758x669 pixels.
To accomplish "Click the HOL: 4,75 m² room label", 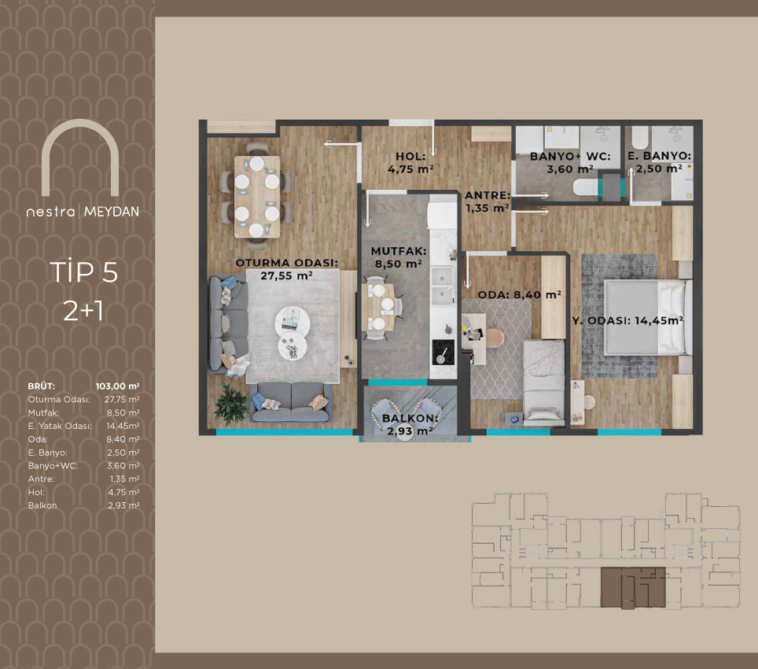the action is (x=410, y=163).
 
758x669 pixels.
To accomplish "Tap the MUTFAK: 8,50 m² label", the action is (x=399, y=257).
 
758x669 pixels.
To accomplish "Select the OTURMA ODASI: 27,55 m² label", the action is (x=287, y=269).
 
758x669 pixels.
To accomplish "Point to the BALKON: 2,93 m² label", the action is (x=410, y=425).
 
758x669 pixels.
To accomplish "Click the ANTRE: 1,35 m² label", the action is (x=488, y=201).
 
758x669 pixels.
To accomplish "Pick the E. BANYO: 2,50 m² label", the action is (x=660, y=162).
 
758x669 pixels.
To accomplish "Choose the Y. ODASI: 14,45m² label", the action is (x=628, y=320).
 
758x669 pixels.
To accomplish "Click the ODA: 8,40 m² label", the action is (x=519, y=294).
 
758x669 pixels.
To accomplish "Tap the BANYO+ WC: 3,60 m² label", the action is (x=570, y=163).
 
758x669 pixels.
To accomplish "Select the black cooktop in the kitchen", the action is (x=443, y=353).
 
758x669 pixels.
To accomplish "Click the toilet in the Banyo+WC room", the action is (x=586, y=187).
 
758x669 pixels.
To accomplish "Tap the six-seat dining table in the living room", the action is (x=256, y=197).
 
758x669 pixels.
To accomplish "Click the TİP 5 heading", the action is (x=84, y=272).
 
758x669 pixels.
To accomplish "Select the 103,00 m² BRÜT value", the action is (x=117, y=386).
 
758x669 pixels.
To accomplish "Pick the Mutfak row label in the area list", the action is (x=43, y=412).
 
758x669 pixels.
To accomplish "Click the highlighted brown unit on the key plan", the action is (x=633, y=588).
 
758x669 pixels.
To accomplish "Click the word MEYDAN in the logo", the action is (x=112, y=212).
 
